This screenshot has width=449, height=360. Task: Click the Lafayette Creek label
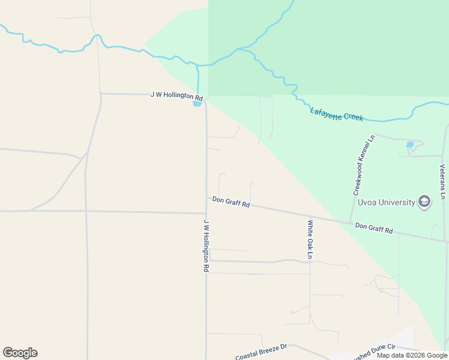coord(337,114)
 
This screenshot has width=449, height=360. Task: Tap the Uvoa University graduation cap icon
coord(424,202)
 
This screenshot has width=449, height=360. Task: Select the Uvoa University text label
coord(387,202)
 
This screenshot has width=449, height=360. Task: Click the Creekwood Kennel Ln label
coord(363,165)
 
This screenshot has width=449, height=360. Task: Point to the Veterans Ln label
coord(442,181)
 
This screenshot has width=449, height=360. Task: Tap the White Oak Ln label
coord(310,239)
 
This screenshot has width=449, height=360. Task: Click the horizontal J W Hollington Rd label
coord(176,96)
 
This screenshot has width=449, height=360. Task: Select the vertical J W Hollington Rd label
coord(205,245)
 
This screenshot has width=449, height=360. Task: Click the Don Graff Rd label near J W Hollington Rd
coord(231,202)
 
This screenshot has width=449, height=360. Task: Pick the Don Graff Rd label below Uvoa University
coord(373,228)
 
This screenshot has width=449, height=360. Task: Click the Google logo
coord(20,353)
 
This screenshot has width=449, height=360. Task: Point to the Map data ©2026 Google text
coord(411,355)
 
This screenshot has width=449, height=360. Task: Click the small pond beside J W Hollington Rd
coord(197,104)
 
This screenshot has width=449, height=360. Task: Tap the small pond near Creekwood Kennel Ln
coord(410,145)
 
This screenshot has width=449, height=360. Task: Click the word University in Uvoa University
coord(395,202)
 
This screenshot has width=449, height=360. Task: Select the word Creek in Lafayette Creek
coord(353,116)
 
